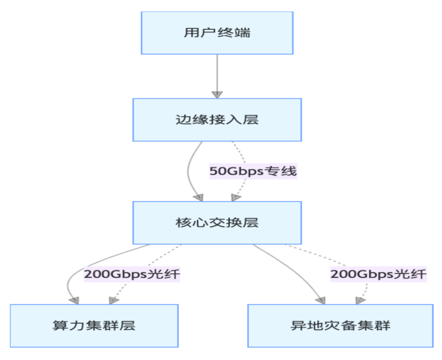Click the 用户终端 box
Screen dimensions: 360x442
tap(217, 33)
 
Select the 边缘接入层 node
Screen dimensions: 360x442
tap(217, 120)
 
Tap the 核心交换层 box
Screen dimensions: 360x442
tap(217, 223)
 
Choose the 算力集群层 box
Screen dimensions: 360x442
tap(94, 326)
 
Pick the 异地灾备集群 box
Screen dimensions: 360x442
tap(340, 326)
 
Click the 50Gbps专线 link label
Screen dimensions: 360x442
tap(253, 171)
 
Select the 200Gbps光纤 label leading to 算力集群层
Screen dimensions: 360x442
tap(132, 274)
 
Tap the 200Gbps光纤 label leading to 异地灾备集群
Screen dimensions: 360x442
tap(379, 274)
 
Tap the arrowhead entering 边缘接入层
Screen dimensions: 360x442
tap(217, 94)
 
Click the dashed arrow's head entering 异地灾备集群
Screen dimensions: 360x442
tap(360, 300)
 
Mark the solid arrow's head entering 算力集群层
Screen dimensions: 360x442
tap(74, 300)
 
